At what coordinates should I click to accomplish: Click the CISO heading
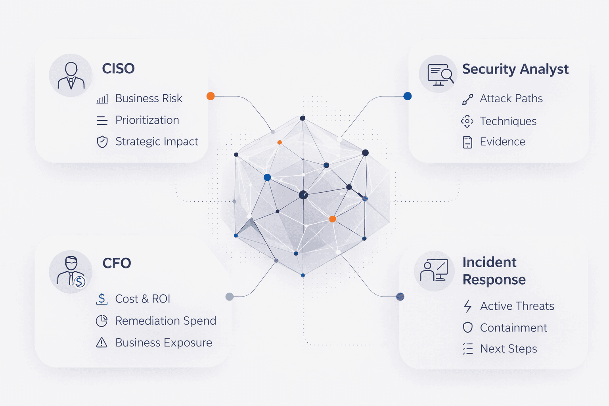118,69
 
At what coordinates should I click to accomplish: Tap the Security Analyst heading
515,69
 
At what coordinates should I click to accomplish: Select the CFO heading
117,263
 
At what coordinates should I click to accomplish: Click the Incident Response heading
494,271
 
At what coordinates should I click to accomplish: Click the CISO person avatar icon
71,75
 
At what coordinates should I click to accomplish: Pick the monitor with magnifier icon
439,75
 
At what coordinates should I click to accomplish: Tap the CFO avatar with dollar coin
71,272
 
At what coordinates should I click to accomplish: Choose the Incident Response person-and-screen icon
434,271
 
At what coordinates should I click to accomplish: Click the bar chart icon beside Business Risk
102,99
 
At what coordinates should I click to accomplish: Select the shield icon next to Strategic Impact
102,142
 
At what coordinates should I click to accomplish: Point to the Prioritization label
147,120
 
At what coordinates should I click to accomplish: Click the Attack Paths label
511,98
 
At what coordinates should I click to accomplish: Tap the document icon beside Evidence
467,142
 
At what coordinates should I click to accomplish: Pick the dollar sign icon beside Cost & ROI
102,299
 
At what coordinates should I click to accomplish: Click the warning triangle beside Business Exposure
102,343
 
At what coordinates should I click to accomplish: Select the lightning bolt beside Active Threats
468,306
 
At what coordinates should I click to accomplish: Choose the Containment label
513,328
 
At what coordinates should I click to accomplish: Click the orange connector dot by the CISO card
211,96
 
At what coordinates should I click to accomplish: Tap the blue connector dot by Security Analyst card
407,96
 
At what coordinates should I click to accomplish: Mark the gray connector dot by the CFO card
229,297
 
